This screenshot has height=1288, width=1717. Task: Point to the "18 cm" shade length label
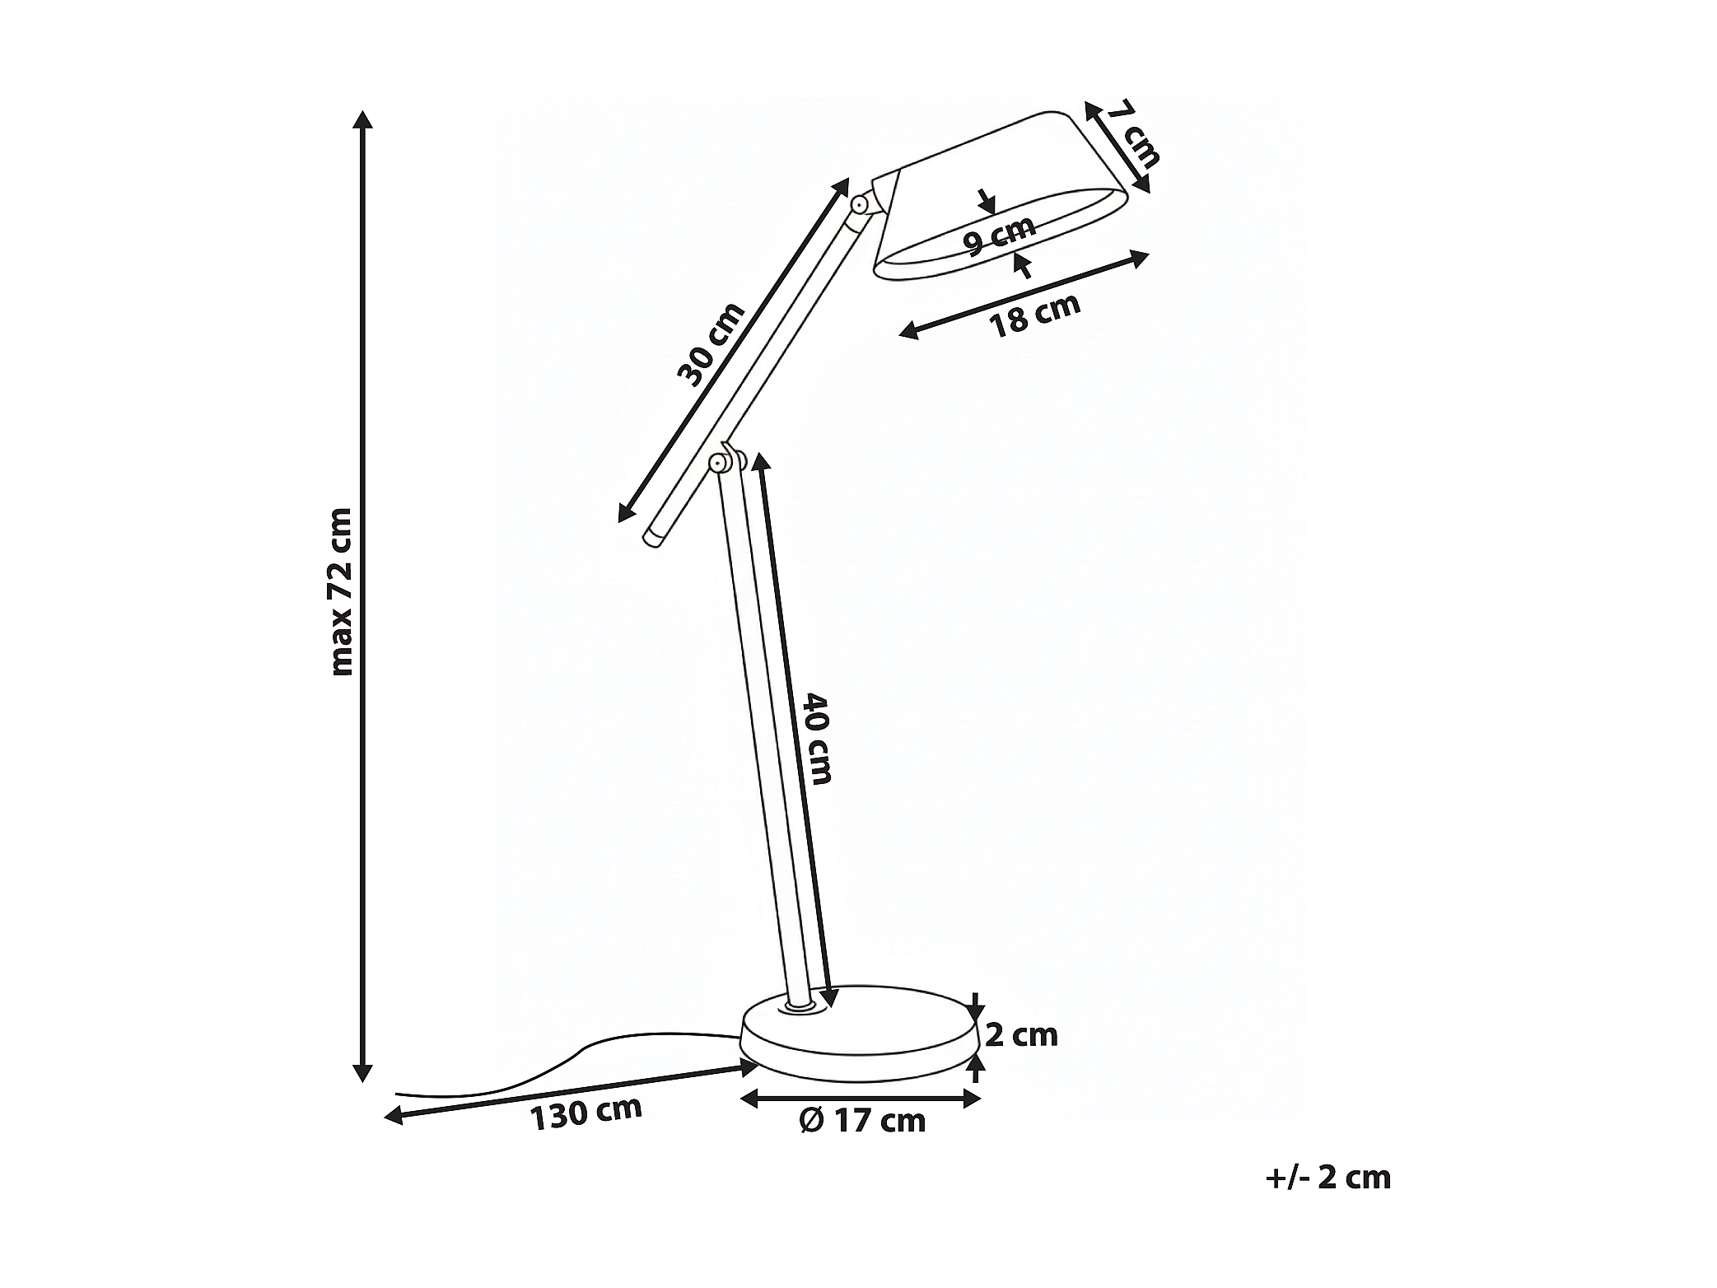click(x=1034, y=315)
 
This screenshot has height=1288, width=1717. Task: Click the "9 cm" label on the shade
click(x=999, y=236)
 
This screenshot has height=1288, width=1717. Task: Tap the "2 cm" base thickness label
click(x=1021, y=1034)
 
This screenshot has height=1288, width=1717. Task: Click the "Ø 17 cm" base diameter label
click(x=862, y=1120)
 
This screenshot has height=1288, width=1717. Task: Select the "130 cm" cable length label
click(x=585, y=1113)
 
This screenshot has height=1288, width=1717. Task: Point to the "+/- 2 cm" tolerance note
click(x=1327, y=1178)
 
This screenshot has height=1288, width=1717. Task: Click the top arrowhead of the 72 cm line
click(x=362, y=119)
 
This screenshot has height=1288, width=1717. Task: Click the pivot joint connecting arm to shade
click(x=859, y=203)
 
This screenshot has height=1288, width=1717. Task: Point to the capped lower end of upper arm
click(x=655, y=538)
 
